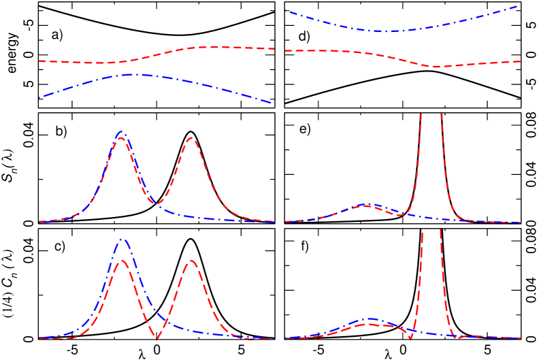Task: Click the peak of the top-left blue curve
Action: coord(135,74)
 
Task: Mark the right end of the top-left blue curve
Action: coord(272,103)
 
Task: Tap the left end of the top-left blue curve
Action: coord(39,98)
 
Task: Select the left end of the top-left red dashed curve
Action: coord(39,61)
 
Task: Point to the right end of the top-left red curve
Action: coord(274,49)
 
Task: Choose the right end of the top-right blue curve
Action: coord(520,5)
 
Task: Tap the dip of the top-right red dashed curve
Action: coord(438,67)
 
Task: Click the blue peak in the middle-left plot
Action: coord(122,131)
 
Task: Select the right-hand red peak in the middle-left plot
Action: coord(191,138)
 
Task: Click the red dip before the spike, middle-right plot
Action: coord(400,215)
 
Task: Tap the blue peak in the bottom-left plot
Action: coord(123,239)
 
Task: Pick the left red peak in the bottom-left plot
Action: coord(121,261)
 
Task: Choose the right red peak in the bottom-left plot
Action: coord(192,261)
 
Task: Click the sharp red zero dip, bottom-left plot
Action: coord(157,339)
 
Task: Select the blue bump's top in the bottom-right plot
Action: coord(370,318)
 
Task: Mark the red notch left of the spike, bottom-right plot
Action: coord(410,338)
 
